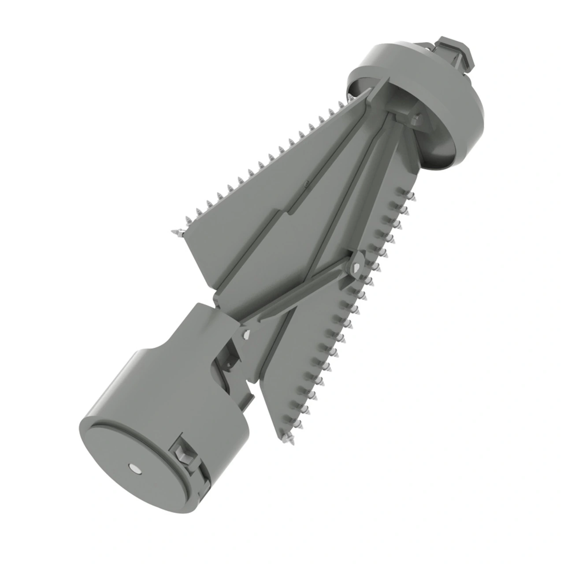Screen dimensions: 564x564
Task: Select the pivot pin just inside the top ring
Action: click(416, 118)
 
